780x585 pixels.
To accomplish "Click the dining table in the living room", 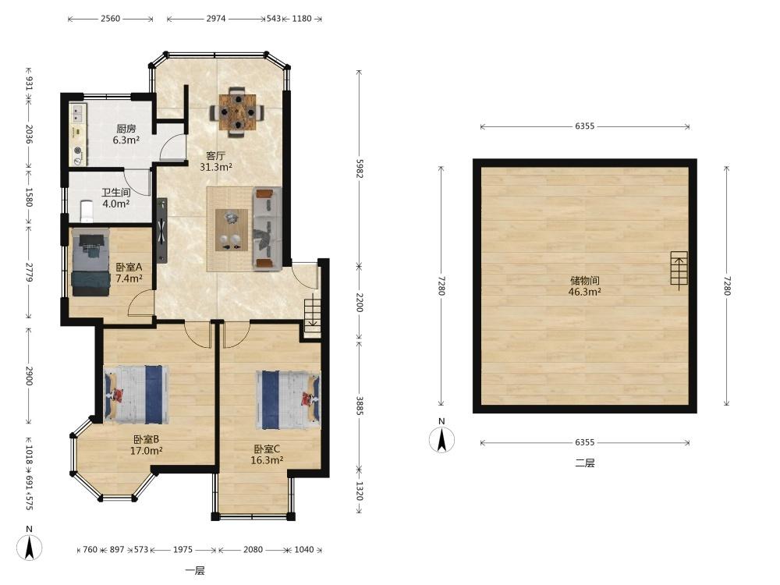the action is click(237, 112).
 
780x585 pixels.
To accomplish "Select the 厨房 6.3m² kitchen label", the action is click(126, 134).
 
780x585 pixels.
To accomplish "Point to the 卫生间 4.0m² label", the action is click(116, 198).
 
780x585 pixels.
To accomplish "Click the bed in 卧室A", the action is click(90, 262).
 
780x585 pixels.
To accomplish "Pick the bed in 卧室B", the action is click(136, 395).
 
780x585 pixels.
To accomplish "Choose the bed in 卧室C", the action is click(288, 399).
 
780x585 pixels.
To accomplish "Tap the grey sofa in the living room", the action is click(267, 229).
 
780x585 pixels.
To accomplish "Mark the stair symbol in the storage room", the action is click(679, 268).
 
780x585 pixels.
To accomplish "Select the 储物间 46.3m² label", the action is click(584, 286).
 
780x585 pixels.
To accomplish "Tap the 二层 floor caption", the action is click(584, 463).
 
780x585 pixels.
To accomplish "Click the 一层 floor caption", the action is click(194, 571).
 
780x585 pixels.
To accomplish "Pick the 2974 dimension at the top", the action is click(216, 19).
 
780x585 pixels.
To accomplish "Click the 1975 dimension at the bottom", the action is click(183, 550).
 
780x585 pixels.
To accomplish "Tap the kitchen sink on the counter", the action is click(77, 113).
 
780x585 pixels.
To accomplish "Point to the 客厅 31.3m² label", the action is click(216, 161).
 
